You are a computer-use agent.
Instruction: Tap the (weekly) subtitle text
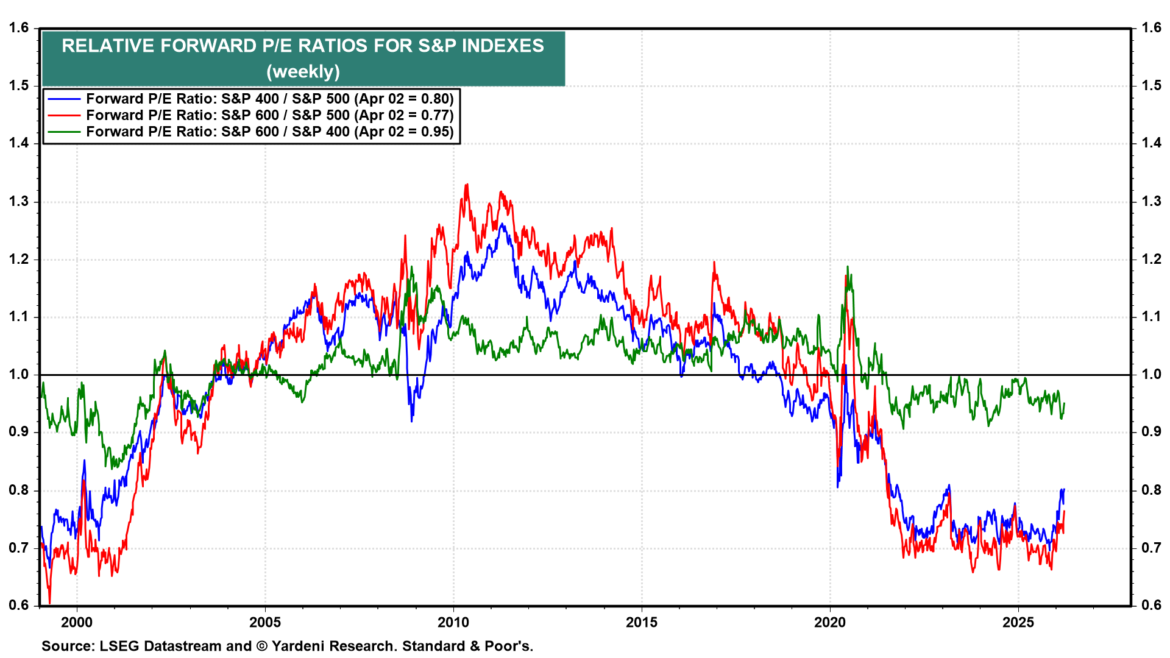[303, 72]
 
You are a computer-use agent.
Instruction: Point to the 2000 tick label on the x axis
[77, 622]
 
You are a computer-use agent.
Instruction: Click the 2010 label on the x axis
[453, 622]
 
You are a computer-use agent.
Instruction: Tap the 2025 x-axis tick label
[1018, 622]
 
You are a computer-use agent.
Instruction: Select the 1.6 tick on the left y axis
[19, 28]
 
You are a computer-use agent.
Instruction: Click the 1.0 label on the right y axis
[1151, 374]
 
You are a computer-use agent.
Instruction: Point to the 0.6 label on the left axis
[19, 605]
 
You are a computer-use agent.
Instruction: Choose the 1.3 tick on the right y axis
[1151, 201]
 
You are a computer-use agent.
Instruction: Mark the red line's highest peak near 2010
[467, 185]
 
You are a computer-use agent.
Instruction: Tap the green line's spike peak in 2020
[847, 267]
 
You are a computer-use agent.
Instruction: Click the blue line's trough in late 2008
[412, 420]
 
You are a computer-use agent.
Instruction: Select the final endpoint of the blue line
[1063, 490]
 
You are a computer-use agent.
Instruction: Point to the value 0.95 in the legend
[436, 132]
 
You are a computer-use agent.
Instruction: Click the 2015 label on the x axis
[642, 622]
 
